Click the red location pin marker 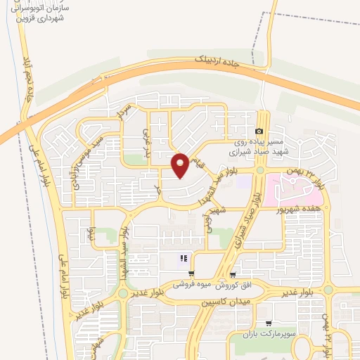click(x=181, y=165)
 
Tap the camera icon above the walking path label click(x=259, y=131)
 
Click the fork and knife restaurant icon click(x=184, y=258)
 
